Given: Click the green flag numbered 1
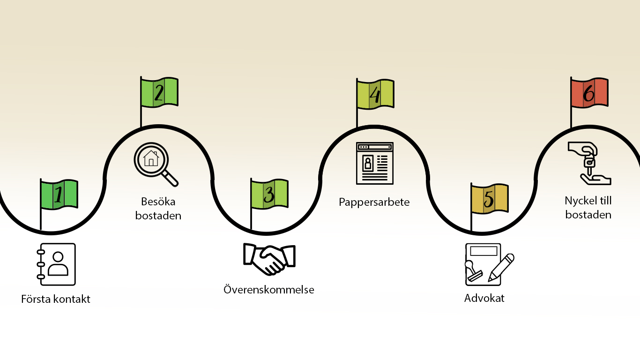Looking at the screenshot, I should point(59,195).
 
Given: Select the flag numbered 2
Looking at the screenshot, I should point(159,92).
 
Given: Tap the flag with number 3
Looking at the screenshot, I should point(269,194).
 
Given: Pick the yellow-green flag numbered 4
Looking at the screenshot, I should point(375,94).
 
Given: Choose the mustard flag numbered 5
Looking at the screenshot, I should point(489,199).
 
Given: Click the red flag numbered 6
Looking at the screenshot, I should point(589,92).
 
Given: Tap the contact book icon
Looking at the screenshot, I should point(56,264).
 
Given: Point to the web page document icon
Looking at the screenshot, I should point(374,163).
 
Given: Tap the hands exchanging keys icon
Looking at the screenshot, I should point(589,163).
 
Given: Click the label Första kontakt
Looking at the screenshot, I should point(56,299).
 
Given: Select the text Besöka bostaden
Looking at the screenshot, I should point(158,209).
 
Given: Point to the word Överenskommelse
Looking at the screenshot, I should point(269,290).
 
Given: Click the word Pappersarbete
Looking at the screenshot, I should point(374,202).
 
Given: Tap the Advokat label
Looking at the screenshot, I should point(484,298).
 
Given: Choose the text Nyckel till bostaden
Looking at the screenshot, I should point(588,208).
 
